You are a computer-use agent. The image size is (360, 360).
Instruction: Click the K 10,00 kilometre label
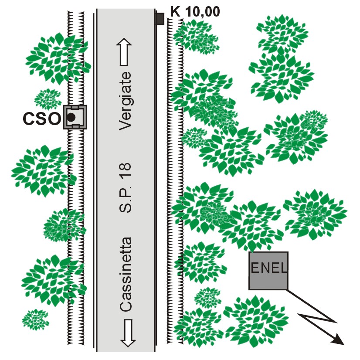pyautogui.click(x=194, y=10)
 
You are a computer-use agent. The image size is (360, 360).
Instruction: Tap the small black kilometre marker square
pyautogui.click(x=160, y=19)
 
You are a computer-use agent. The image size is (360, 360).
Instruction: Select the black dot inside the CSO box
pyautogui.click(x=71, y=117)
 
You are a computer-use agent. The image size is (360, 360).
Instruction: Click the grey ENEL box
pyautogui.click(x=268, y=271)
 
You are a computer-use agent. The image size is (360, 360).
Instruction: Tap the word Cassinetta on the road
pyautogui.click(x=126, y=274)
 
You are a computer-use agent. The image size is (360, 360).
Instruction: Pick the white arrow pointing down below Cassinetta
pyautogui.click(x=127, y=333)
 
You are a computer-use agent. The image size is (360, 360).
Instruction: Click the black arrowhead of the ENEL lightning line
pyautogui.click(x=337, y=338)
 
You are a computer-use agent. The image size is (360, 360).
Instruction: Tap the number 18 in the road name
pyautogui.click(x=126, y=174)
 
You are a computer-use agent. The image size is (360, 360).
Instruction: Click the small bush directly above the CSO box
pyautogui.click(x=48, y=98)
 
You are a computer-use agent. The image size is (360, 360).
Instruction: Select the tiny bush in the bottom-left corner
pyautogui.click(x=35, y=319)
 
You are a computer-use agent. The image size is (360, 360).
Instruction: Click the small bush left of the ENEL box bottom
pyautogui.click(x=207, y=298)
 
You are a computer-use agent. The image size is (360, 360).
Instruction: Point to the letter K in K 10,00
pyautogui.click(x=175, y=10)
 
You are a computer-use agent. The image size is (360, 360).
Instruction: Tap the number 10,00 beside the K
pyautogui.click(x=201, y=10)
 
